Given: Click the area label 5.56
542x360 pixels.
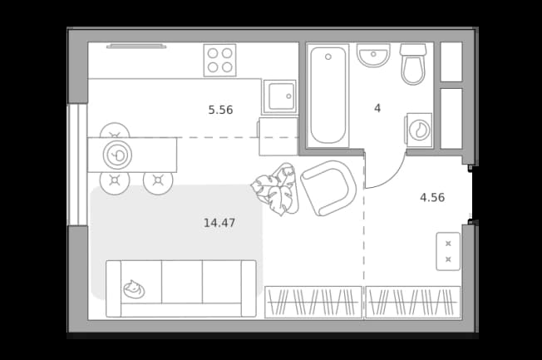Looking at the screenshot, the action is [x=220, y=110].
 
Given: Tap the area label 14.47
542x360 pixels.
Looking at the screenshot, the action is [x=219, y=223].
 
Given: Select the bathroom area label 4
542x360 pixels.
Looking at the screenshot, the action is [x=377, y=108].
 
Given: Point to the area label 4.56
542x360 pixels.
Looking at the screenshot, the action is [x=432, y=198].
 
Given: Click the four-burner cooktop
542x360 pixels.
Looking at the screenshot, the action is [x=219, y=60].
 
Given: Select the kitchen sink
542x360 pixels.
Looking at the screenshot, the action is [x=280, y=96].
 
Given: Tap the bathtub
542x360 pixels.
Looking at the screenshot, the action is [x=328, y=96].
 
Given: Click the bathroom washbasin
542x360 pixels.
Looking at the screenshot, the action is [x=373, y=55].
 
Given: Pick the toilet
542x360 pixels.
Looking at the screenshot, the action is [x=413, y=64].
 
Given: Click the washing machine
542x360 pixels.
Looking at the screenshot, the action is [x=419, y=130].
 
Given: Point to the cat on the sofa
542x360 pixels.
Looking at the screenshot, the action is [x=134, y=289].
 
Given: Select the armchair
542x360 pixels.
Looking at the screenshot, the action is [x=328, y=188].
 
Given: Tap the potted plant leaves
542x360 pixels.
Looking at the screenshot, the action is [x=276, y=190].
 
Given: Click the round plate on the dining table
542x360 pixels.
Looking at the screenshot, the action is [x=117, y=155].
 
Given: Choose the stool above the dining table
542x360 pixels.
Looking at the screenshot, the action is [x=115, y=130].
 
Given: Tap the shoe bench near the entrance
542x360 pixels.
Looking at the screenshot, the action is [x=448, y=251].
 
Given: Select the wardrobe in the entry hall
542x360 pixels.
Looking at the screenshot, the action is [x=413, y=303].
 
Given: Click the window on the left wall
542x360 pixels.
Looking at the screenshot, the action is [x=77, y=165].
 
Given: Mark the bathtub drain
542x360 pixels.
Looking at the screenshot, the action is [x=328, y=57].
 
